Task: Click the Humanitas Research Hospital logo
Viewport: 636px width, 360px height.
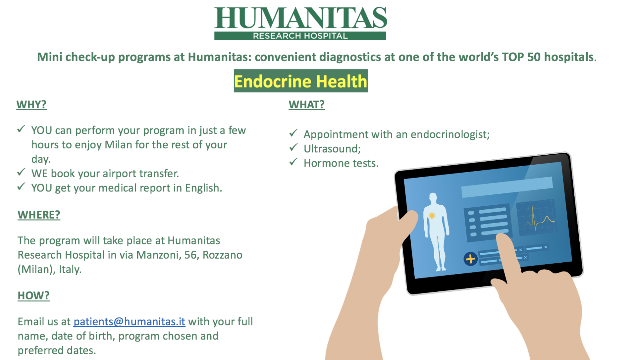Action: (300, 23)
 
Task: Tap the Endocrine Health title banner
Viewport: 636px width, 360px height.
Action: (300, 81)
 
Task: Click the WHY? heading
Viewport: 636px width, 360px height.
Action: (32, 105)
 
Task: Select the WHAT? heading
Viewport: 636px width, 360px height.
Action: (307, 105)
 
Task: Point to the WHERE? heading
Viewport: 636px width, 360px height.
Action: (39, 215)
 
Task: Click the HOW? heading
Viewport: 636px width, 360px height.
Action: (33, 295)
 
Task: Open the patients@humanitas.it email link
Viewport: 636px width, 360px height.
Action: (129, 322)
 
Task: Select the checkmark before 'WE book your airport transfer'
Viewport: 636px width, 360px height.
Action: (21, 172)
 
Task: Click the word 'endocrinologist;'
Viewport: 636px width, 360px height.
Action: (450, 134)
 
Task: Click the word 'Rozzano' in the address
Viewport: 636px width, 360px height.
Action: (223, 255)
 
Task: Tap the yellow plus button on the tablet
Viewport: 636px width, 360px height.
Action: (470, 259)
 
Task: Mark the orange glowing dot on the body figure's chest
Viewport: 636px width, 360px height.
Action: (432, 216)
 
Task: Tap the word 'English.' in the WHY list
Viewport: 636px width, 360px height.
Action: (203, 188)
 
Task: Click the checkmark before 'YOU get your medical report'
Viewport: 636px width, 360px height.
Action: (21, 186)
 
